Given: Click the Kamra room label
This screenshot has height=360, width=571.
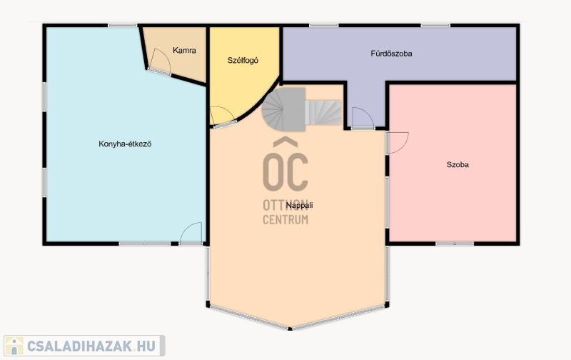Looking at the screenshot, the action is coord(184,50).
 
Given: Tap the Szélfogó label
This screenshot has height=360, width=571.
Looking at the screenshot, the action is coord(243,61).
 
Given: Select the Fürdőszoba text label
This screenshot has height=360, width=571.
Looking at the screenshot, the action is coord(391,54).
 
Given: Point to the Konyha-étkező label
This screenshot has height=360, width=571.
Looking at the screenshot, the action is coord(125,144).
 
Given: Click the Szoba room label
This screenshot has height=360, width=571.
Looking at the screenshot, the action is coord(458,165).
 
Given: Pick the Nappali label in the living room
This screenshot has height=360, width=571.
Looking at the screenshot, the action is coord(299,205).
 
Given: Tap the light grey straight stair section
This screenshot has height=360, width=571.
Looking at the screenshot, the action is coord(323,113).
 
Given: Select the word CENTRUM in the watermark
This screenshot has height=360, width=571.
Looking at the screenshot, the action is coord(285,220).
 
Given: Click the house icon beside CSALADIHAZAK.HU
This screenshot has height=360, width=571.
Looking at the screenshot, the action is coord(14,346).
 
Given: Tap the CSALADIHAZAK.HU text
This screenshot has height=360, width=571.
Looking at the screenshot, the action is coord(91,346).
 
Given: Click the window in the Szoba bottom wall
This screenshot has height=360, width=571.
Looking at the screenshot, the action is coord(455,243).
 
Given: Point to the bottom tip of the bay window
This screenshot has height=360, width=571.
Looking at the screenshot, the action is coord(290,329).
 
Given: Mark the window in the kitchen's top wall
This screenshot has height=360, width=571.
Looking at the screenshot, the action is coord(123,26).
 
